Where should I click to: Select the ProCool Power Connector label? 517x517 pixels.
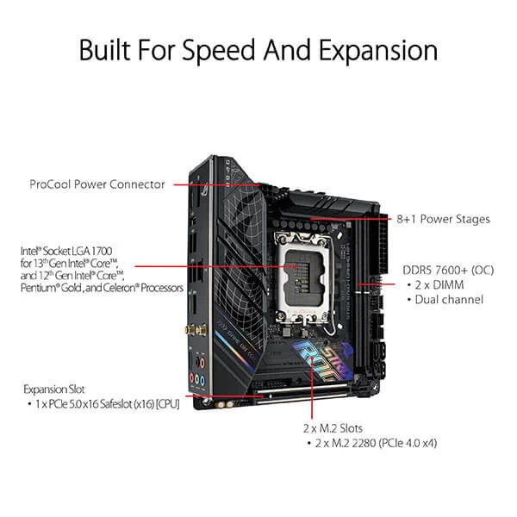tap(97, 184)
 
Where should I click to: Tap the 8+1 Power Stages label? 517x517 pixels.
tap(445, 219)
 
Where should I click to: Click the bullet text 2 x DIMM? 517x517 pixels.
tap(440, 283)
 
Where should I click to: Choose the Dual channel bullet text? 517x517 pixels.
tap(448, 299)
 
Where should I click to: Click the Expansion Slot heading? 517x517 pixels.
tap(54, 389)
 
